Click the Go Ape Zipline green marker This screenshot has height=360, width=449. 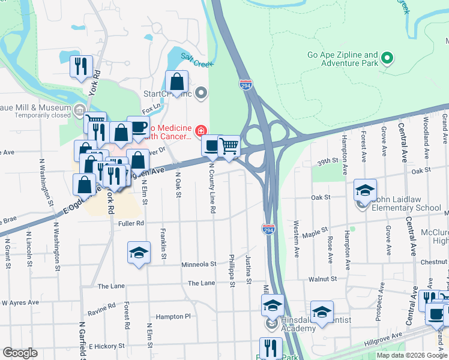[387, 58]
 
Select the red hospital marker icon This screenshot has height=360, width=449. [200, 130]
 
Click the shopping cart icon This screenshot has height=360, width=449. [229, 145]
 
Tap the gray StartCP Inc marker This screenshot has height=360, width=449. [201, 93]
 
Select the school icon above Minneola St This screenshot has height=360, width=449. [139, 252]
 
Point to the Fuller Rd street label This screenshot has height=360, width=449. [131, 223]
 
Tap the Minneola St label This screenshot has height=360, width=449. [199, 264]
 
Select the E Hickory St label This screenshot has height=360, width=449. [106, 346]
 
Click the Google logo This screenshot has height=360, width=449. [20, 353]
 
